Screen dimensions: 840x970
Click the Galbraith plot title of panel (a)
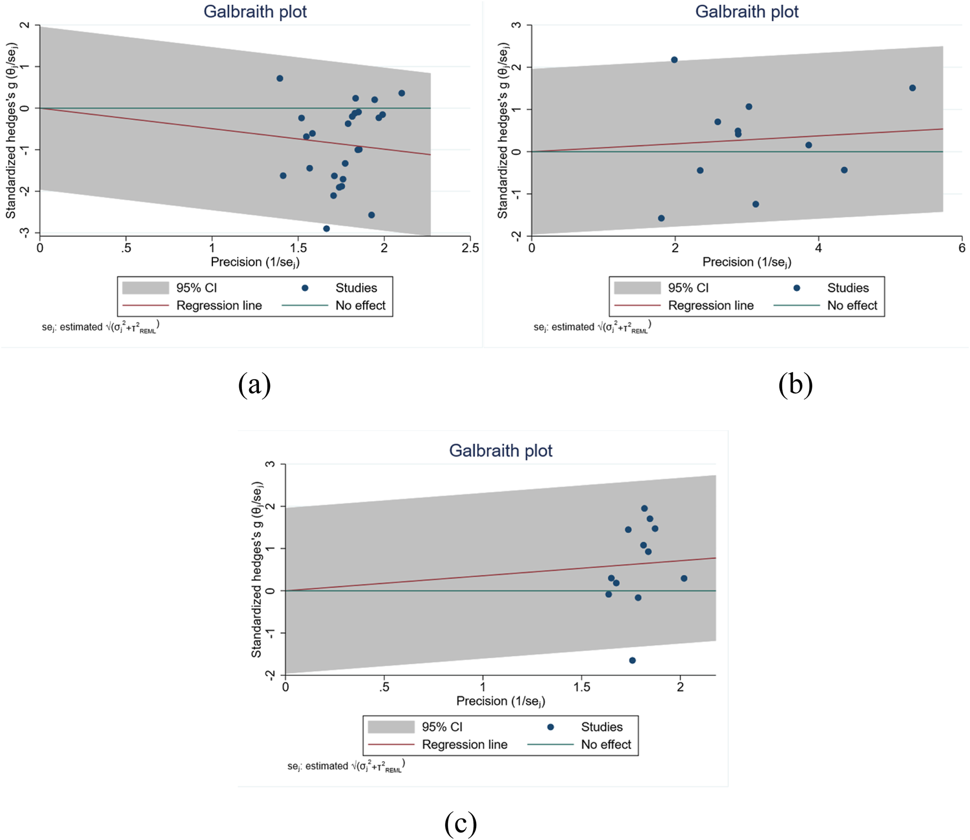tap(255, 11)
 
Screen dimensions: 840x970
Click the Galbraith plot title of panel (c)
tap(500, 450)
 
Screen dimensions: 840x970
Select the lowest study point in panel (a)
tap(326, 229)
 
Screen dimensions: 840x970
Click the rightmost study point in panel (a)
tap(401, 93)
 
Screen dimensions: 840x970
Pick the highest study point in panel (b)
tap(674, 60)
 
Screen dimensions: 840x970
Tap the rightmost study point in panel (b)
tap(913, 88)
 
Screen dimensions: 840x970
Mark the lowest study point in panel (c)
tap(632, 661)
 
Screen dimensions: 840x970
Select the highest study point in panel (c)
tap(644, 508)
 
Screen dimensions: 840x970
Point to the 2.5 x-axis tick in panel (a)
tap(470, 248)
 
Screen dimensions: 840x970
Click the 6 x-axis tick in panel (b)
tap(962, 248)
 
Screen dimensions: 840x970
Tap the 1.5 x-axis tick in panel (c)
tap(582, 687)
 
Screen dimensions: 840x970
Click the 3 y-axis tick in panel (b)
tap(515, 26)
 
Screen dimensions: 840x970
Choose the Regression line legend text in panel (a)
tap(219, 305)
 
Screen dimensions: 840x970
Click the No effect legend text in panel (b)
tap(852, 305)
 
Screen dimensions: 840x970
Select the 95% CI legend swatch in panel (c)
tap(391, 727)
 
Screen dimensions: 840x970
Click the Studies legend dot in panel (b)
tap(797, 288)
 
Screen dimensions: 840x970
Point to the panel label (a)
tap(255, 384)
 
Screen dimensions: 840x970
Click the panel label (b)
tap(795, 384)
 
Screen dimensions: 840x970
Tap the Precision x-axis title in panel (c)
tap(500, 701)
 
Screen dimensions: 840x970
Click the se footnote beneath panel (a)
tap(100, 327)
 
